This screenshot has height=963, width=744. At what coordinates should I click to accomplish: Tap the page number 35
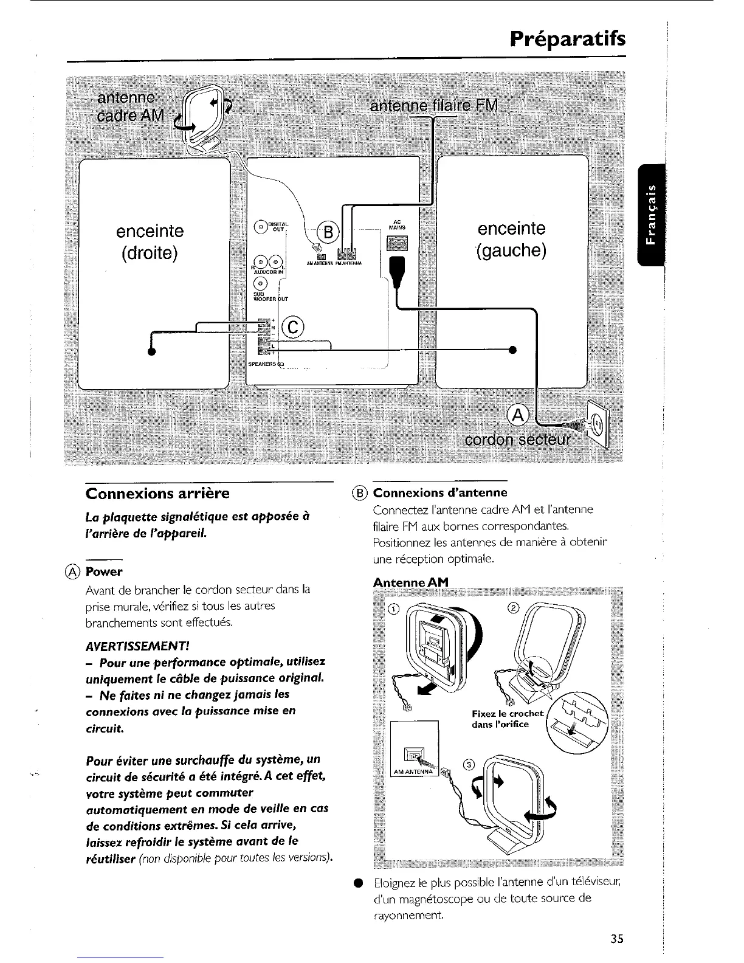617,938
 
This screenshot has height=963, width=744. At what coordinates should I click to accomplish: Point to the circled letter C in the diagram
292,326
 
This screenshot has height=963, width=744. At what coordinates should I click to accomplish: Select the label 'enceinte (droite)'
150,241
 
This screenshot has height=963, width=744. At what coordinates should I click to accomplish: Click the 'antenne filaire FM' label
434,106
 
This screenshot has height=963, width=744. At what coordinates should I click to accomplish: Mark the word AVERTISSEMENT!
128,644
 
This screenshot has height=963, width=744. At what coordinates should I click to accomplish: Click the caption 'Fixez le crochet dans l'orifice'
508,719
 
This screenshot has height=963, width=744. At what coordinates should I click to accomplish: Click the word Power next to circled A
104,571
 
